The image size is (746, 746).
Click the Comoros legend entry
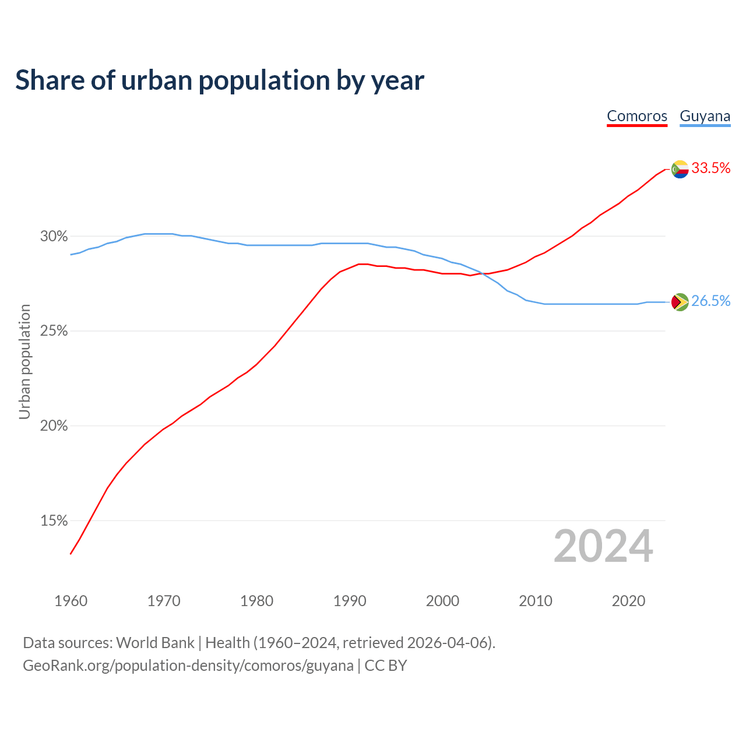tap(637, 116)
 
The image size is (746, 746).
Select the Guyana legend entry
tap(705, 116)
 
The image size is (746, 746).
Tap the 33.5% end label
tap(710, 168)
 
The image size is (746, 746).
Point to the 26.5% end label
tap(710, 301)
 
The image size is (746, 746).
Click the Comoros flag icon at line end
tap(680, 169)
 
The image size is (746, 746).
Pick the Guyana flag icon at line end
tap(680, 302)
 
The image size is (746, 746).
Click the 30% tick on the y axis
tap(54, 237)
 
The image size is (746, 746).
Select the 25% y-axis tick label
tap(54, 331)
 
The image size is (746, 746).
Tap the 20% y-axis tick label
tap(54, 426)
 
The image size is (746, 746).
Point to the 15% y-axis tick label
tap(54, 521)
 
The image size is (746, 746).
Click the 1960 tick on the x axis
tap(71, 601)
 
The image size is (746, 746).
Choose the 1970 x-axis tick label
tap(164, 601)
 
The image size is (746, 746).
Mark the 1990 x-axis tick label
tap(350, 601)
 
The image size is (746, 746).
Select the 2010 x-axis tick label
tap(536, 601)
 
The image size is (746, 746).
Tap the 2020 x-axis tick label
tap(628, 601)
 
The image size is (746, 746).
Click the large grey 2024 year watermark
tap(603, 547)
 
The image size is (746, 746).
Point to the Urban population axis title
tap(24, 361)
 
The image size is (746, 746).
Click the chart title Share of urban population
tap(220, 80)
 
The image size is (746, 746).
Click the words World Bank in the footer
tap(155, 643)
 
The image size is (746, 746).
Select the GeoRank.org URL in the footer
tap(188, 666)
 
